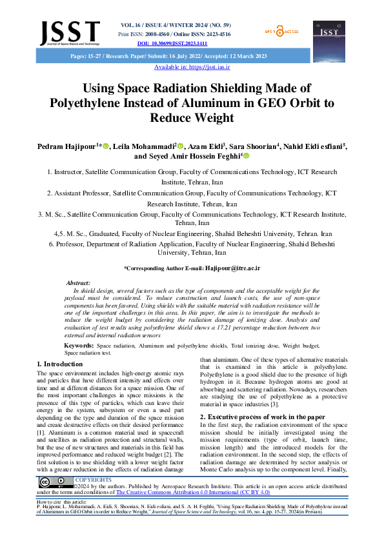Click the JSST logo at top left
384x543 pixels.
coord(70,32)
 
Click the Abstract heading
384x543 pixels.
coord(78,283)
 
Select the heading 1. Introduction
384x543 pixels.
coord(60,364)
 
